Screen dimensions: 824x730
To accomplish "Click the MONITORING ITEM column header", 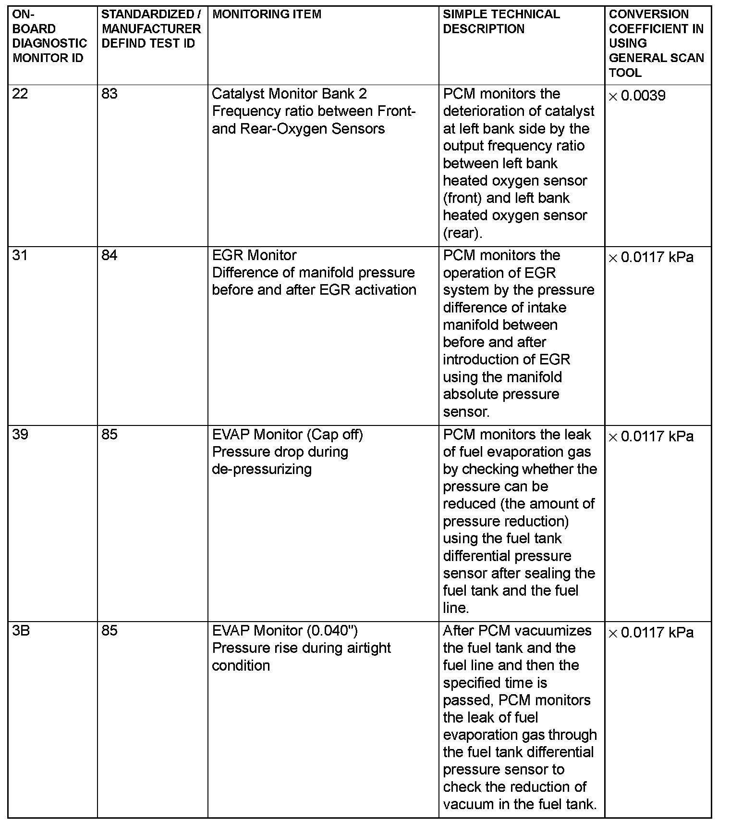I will [x=267, y=14].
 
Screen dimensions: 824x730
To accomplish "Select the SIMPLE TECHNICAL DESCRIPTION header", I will [x=501, y=22].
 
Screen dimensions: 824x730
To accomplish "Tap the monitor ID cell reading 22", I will [x=20, y=94].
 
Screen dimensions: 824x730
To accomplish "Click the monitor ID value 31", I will [x=20, y=255].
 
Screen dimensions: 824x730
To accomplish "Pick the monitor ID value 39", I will [x=20, y=435].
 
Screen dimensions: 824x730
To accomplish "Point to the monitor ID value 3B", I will [x=21, y=631].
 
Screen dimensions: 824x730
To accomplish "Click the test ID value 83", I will [x=109, y=94].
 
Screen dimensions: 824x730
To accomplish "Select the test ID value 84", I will [x=109, y=255].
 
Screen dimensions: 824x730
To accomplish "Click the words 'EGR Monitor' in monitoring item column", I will [x=254, y=255].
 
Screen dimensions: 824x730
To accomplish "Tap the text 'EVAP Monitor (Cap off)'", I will [x=287, y=435].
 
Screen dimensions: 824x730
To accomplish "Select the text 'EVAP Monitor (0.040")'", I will [x=285, y=631].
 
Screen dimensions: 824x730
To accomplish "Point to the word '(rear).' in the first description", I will [x=462, y=233].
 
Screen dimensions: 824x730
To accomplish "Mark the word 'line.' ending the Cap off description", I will [x=456, y=608].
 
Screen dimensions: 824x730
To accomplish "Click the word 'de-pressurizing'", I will [x=262, y=469].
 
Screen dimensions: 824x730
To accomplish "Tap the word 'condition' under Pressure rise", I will [x=241, y=666].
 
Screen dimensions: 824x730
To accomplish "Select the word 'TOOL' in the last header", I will [x=625, y=73].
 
